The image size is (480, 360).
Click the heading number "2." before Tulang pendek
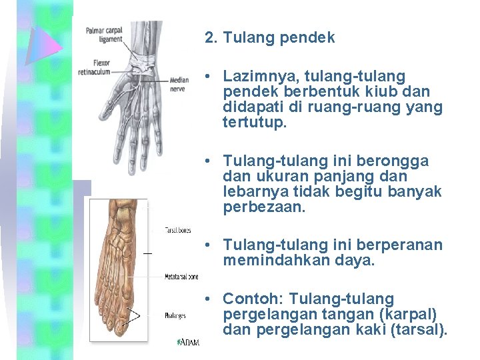(212, 38)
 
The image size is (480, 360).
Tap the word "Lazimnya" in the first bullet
(255, 77)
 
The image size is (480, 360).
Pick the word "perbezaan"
(263, 207)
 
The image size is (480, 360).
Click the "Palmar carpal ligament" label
(105, 34)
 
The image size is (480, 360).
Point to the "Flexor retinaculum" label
(94, 67)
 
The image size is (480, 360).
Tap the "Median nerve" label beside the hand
(179, 82)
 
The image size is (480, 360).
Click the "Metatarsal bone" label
(182, 276)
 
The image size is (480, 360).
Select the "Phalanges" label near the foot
(175, 315)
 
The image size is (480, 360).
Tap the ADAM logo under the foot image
(188, 342)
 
